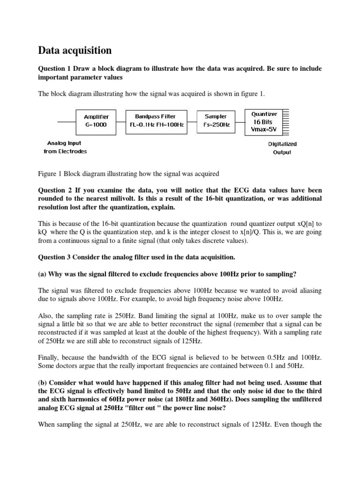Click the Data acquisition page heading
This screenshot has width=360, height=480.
click(x=75, y=50)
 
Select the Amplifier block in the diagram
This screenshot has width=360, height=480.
click(x=96, y=121)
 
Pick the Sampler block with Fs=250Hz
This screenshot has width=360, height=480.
click(x=216, y=121)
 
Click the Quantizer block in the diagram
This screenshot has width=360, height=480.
click(x=264, y=121)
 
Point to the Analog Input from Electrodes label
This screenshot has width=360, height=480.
click(x=65, y=147)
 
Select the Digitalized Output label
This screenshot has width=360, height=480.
click(x=282, y=148)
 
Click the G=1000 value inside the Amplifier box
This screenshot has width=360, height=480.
click(x=96, y=125)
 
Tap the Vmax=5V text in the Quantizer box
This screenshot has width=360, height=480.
click(x=264, y=129)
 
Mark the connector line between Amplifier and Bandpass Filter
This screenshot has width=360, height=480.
click(x=121, y=121)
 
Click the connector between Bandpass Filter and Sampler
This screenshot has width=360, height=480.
click(x=193, y=121)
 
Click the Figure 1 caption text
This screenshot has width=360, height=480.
click(x=128, y=174)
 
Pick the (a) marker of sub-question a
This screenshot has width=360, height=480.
click(x=42, y=274)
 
